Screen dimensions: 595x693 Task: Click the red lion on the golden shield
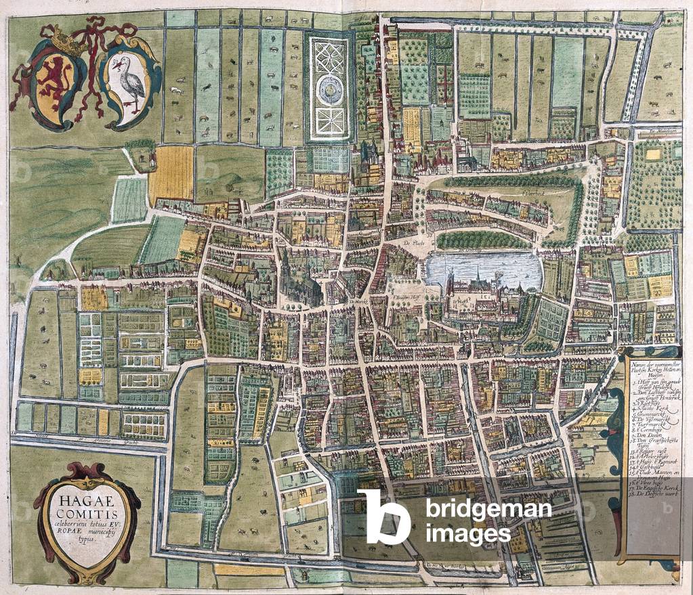click(56, 81)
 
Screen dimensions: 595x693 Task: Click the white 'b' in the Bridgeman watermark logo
click(383, 516)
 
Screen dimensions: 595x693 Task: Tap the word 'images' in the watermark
click(468, 535)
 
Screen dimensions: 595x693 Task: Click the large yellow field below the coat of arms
click(171, 175)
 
